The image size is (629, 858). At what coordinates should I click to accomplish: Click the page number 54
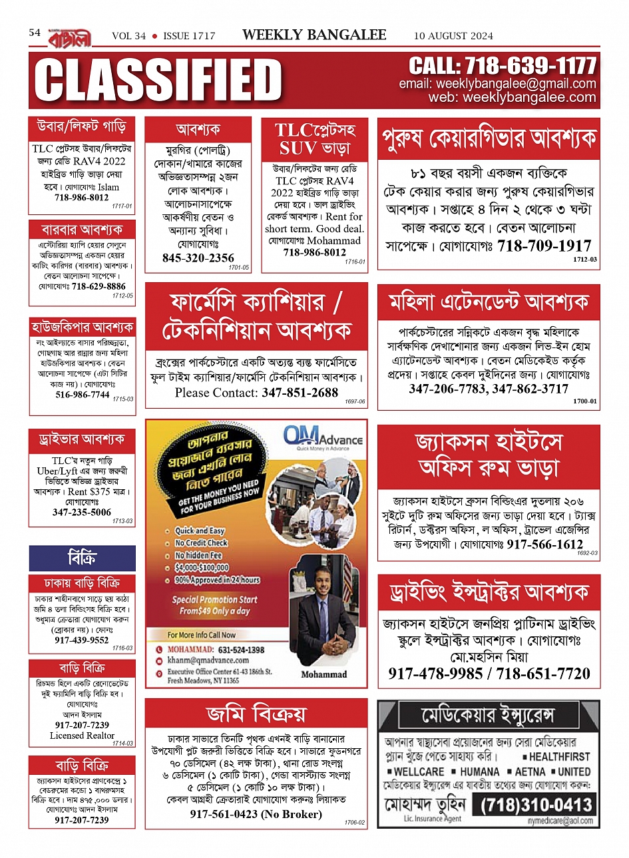35,33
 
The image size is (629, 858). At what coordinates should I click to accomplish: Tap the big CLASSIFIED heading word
158,81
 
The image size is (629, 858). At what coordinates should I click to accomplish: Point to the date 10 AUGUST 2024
453,36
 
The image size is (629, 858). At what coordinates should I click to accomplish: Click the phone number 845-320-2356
198,258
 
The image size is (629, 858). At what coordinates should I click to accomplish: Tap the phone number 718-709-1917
544,246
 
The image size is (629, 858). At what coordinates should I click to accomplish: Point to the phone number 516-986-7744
82,395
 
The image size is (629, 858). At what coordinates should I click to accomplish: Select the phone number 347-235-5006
82,513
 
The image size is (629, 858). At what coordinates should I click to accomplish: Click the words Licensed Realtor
82,736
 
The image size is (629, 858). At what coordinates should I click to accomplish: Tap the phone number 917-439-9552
81,640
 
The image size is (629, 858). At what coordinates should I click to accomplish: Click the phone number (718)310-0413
536,805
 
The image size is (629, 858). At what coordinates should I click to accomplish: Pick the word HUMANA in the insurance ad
479,771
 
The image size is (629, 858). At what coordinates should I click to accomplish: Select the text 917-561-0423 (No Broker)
256,814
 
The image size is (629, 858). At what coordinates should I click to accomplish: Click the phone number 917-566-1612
544,544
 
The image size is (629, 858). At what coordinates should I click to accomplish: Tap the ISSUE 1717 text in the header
189,36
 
